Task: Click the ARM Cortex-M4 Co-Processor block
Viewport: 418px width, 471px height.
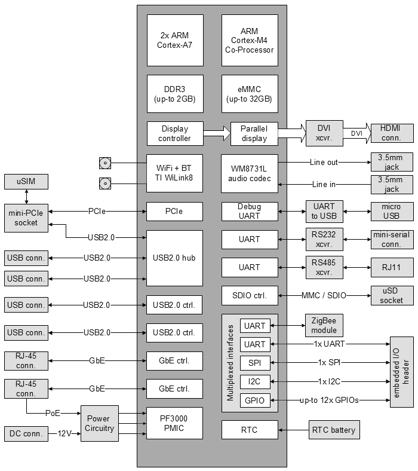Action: (x=249, y=41)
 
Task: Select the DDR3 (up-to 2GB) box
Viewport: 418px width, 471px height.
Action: (x=175, y=94)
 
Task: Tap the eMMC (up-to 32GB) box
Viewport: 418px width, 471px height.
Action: (x=249, y=94)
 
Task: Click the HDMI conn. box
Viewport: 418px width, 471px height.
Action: (x=392, y=133)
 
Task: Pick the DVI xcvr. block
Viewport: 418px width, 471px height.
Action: (x=324, y=133)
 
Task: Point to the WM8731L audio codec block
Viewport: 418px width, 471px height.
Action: (x=249, y=174)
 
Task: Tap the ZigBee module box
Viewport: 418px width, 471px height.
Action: (x=324, y=326)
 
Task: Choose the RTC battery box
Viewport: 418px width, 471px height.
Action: (x=333, y=430)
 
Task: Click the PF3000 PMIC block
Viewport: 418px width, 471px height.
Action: (x=175, y=424)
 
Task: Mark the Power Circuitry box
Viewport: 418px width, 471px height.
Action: (x=100, y=424)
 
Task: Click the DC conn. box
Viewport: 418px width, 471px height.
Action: (x=26, y=434)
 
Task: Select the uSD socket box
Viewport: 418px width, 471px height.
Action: (x=392, y=295)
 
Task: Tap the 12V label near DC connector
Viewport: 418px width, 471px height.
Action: (x=65, y=434)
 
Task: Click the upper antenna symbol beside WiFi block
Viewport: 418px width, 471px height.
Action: (x=105, y=163)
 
